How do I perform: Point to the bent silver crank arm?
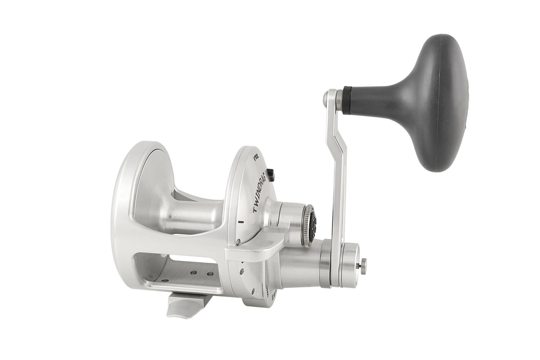(x=337, y=173)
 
